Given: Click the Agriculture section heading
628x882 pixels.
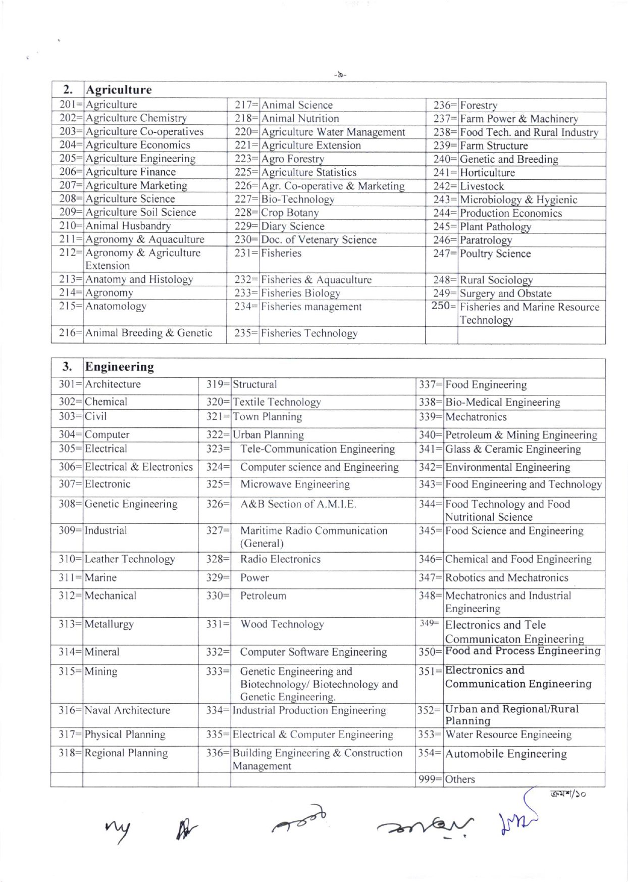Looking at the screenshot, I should point(118,90).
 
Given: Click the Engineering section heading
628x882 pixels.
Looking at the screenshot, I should point(119,367).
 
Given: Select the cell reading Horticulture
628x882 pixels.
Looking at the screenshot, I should point(487,173).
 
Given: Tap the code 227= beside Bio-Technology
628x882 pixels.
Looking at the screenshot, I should point(247,200).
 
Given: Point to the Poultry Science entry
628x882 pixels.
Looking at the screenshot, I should point(495,254).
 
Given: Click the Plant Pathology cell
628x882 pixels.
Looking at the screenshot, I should point(495,227).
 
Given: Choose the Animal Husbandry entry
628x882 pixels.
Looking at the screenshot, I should point(128,226).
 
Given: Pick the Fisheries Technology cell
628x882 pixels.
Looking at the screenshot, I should point(309,333).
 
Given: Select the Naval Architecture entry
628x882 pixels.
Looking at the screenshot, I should point(128,710).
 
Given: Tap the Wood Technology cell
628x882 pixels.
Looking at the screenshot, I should point(282,624).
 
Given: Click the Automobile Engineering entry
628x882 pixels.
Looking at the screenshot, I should point(506,754).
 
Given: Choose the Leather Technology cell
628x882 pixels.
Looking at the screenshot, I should point(130,559).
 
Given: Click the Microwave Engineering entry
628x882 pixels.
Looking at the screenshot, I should point(295,484).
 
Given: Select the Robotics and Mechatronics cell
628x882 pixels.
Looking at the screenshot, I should point(507,578).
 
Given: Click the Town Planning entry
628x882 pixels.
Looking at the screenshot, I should point(267,417).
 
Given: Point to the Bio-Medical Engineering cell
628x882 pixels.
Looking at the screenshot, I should point(503,402).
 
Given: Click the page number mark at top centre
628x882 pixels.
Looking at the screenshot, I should point(340,75).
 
